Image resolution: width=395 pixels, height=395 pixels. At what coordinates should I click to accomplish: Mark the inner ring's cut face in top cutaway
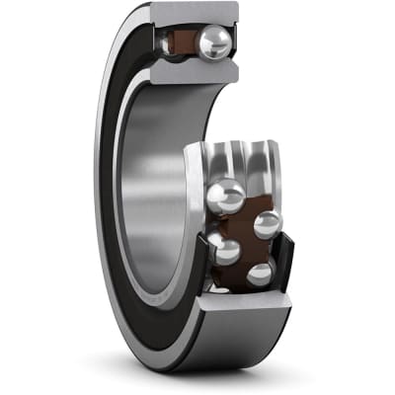(193, 71)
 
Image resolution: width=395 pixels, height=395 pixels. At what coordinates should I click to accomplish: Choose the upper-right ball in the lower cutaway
(267, 223)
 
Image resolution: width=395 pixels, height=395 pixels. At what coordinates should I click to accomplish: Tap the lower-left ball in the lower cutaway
(225, 249)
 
